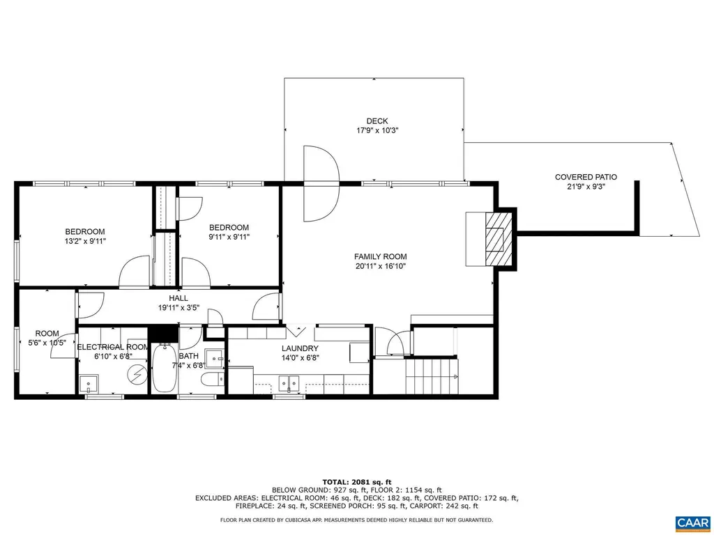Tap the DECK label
pyautogui.click(x=377, y=121)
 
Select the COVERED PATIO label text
pyautogui.click(x=586, y=177)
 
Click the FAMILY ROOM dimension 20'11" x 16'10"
pyautogui.click(x=380, y=265)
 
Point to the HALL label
pyautogui.click(x=178, y=297)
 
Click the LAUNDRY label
pyautogui.click(x=300, y=348)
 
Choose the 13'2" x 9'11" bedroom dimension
pyautogui.click(x=85, y=241)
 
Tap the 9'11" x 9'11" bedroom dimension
pyautogui.click(x=229, y=237)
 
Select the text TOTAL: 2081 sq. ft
pyautogui.click(x=356, y=481)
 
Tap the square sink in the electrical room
pyautogui.click(x=89, y=383)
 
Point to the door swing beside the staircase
pyautogui.click(x=391, y=342)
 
